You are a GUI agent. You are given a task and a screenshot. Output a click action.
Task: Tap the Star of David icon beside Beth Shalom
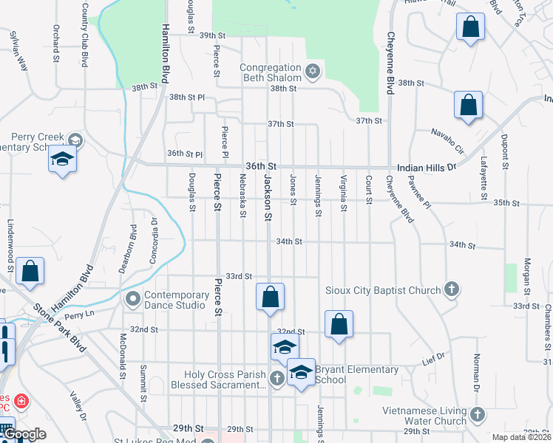point(312,72)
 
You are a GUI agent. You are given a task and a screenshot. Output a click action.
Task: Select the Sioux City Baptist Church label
point(383,290)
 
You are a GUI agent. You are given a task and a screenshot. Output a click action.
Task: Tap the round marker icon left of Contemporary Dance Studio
point(133,299)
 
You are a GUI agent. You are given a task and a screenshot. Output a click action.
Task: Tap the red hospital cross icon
point(23,402)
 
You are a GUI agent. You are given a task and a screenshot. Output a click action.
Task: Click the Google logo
point(24,434)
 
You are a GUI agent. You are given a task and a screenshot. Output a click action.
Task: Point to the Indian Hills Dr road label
point(427,168)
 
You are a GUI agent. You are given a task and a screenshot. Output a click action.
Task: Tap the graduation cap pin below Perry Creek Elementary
point(62,159)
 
